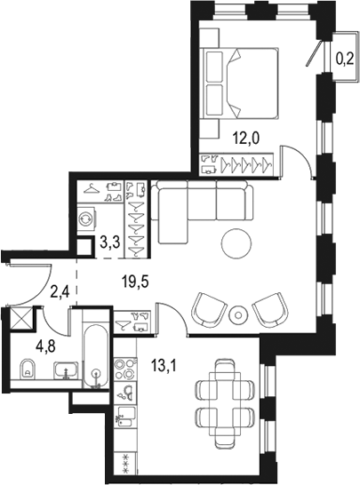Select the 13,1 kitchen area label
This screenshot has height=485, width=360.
click(164, 366)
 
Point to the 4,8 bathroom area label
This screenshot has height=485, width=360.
click(45, 346)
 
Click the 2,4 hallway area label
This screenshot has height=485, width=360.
click(60, 291)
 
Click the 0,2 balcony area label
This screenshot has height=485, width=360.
click(345, 59)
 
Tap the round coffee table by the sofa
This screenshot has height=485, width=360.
click(236, 242)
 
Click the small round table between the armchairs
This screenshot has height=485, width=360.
click(237, 314)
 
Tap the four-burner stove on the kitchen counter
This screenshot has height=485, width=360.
click(125, 369)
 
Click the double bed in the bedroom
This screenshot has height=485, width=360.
click(239, 83)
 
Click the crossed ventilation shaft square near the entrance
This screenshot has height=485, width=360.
click(20, 318)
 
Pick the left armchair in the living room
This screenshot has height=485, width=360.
click(210, 309)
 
